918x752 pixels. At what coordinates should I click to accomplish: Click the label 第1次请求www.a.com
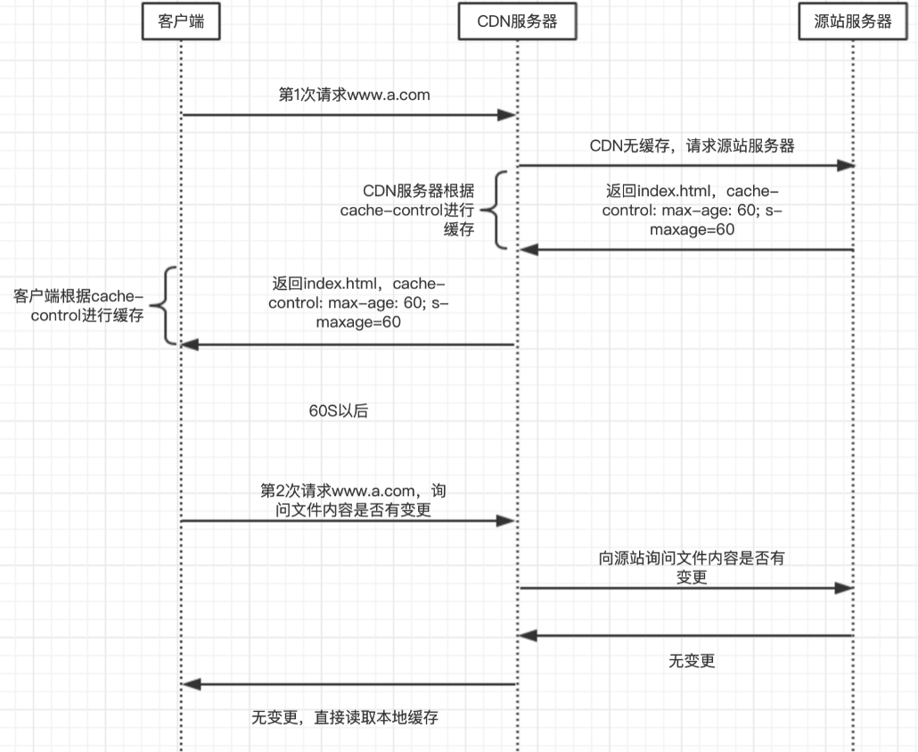pos(354,94)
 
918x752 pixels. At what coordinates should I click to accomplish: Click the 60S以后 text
pos(338,411)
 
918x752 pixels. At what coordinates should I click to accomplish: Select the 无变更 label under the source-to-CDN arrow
pos(692,661)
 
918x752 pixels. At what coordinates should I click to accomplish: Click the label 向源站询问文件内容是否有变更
pos(692,567)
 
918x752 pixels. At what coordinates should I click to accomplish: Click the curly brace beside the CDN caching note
pos(496,211)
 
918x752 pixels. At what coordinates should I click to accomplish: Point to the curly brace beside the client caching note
pos(168,305)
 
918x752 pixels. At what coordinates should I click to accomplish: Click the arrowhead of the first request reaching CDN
pos(510,114)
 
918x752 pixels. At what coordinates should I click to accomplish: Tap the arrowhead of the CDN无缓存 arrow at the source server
pos(847,165)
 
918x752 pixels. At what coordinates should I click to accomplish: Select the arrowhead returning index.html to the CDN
pos(527,250)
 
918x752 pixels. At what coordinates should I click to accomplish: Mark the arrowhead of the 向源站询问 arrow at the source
pos(847,588)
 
